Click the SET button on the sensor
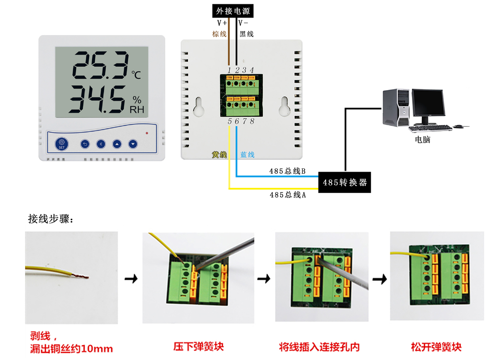(x=62, y=143)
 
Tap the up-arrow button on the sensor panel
(x=117, y=144)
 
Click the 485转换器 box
(x=345, y=183)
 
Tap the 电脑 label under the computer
(x=422, y=140)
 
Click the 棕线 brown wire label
(x=219, y=34)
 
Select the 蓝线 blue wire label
(x=247, y=155)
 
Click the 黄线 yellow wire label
(x=219, y=155)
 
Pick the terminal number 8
(x=252, y=121)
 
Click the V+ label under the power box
(x=222, y=23)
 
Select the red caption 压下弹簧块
(x=198, y=347)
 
